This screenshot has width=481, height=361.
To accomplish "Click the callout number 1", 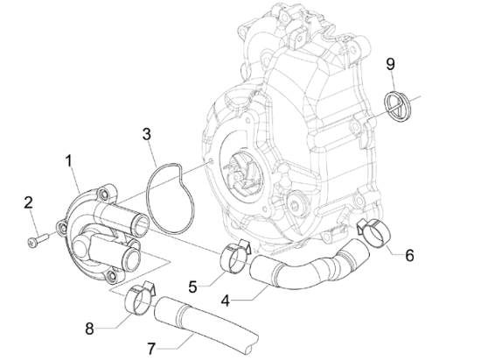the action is point(69,161).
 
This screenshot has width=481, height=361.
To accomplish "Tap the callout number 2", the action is point(28,203).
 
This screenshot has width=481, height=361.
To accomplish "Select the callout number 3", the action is point(147,134).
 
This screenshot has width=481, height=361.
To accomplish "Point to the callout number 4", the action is point(225,301).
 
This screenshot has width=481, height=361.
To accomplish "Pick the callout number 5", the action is point(192,287).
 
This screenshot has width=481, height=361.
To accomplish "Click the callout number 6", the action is point(409,255).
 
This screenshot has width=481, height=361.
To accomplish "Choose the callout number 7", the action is point(152,349).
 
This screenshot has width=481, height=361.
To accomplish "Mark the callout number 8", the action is point(89,329).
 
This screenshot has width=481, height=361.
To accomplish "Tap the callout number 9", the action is point(390,64).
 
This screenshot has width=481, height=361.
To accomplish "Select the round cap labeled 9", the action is point(398,106).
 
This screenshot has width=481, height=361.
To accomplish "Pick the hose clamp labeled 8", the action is point(140,297).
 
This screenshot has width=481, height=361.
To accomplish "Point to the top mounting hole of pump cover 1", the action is point(102,194).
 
